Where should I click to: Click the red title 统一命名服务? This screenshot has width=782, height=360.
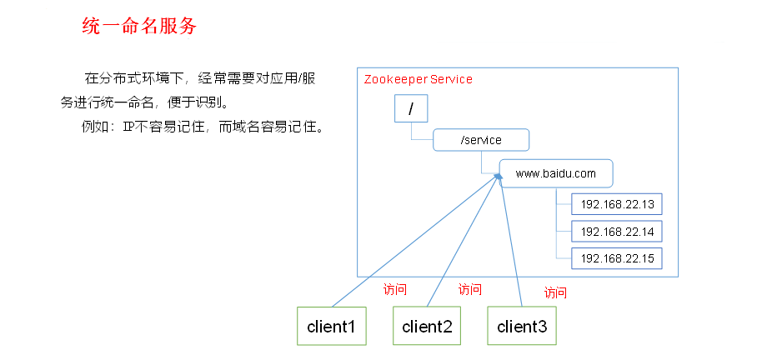click(138, 26)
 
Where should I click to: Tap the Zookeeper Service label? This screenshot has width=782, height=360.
click(418, 79)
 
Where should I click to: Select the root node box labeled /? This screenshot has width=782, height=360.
click(410, 109)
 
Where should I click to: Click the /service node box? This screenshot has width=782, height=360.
click(481, 140)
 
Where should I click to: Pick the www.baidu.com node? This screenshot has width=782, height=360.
click(556, 173)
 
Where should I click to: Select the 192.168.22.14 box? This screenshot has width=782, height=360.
click(616, 231)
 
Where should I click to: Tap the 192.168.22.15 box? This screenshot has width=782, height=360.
click(616, 257)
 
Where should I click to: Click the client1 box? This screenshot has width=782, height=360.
click(332, 326)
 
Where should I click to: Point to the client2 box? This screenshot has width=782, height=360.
click(427, 326)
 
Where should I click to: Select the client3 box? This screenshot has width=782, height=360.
click(522, 326)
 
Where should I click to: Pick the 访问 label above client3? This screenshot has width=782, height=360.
click(555, 292)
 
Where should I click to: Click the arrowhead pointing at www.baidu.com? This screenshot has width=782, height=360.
click(498, 177)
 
